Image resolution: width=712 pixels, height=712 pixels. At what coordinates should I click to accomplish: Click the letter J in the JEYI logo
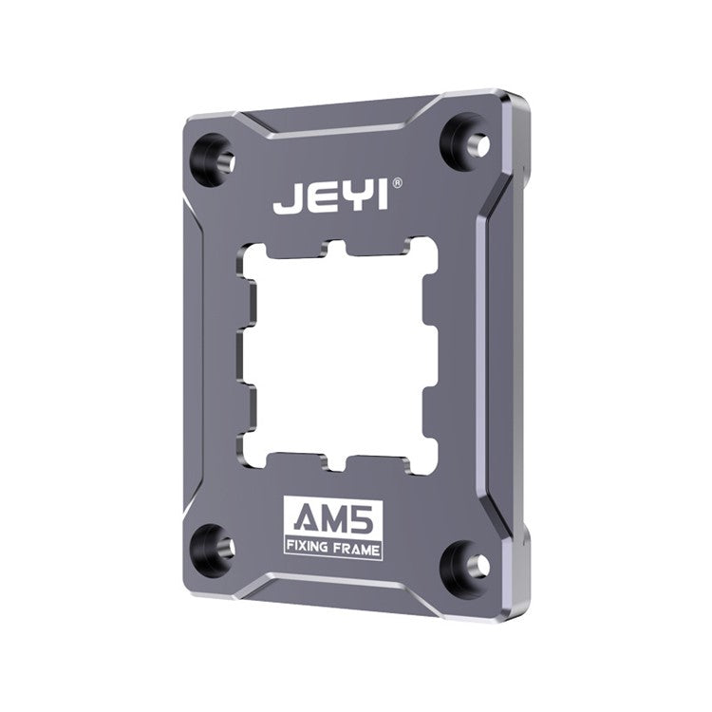285,203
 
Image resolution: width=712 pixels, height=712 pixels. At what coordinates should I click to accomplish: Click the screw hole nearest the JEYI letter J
214,155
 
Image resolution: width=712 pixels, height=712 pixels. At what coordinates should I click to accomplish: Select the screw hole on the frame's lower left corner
215,546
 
